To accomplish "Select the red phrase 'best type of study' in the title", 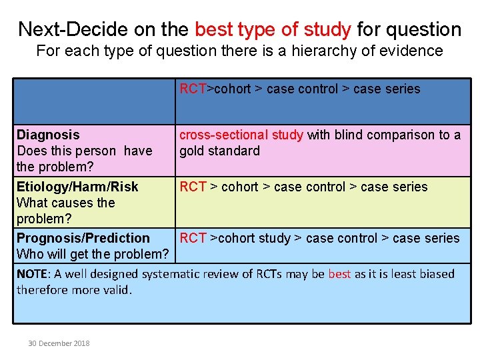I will click(273, 29).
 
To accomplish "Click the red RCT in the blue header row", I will click(193, 89).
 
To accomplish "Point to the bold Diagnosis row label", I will click(48, 135).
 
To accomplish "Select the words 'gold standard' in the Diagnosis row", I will click(219, 151).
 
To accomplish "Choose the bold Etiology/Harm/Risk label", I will click(77, 187).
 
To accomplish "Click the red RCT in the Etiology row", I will click(193, 187).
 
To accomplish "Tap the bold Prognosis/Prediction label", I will click(83, 238).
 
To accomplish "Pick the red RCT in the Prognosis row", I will click(193, 238).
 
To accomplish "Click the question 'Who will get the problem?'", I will click(93, 254).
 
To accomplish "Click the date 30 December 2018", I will click(59, 343).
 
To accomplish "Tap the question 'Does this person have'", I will click(85, 151).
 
